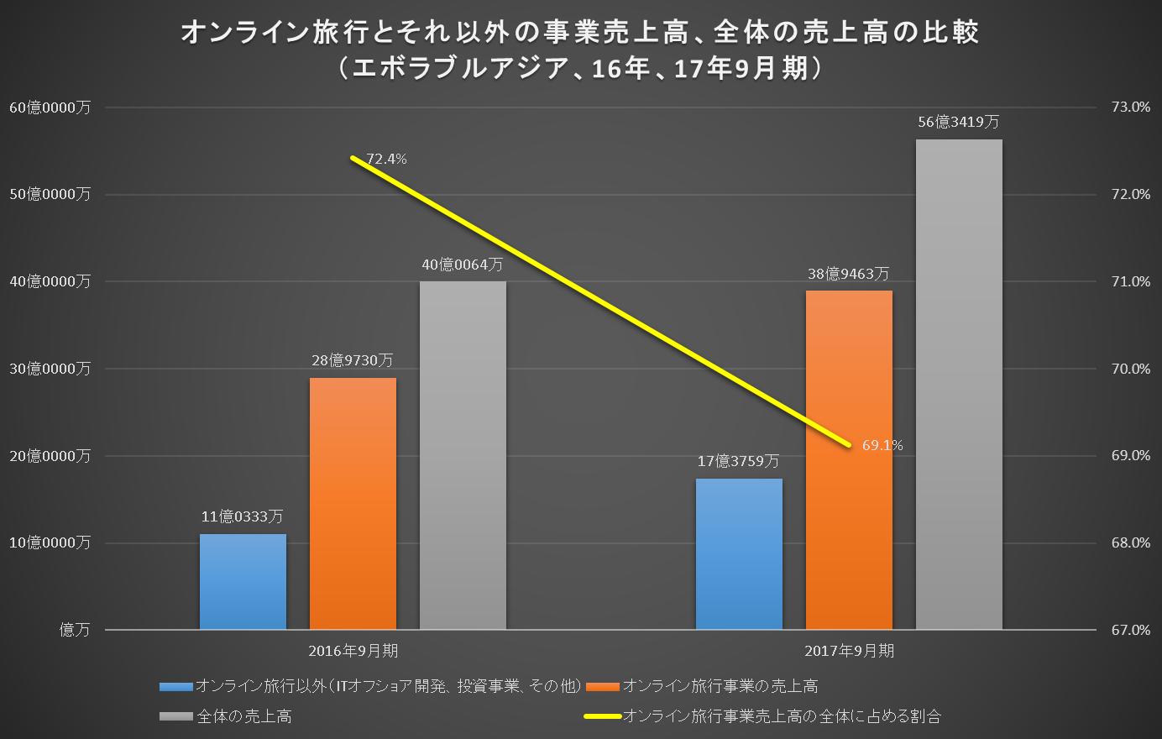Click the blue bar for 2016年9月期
point(243,582)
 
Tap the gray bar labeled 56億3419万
point(959,385)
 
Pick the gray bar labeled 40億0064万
point(463,455)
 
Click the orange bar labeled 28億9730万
point(353,504)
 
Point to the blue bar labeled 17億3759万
point(739,554)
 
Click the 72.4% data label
point(386,159)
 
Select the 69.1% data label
point(882,445)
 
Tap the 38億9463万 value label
point(848,274)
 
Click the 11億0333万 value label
point(242,516)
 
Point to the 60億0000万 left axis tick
point(50,107)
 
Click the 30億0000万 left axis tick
point(50,369)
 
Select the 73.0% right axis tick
point(1130,107)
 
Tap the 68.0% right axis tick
point(1130,542)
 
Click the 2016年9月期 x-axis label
point(353,651)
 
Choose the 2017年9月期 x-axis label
point(849,651)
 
